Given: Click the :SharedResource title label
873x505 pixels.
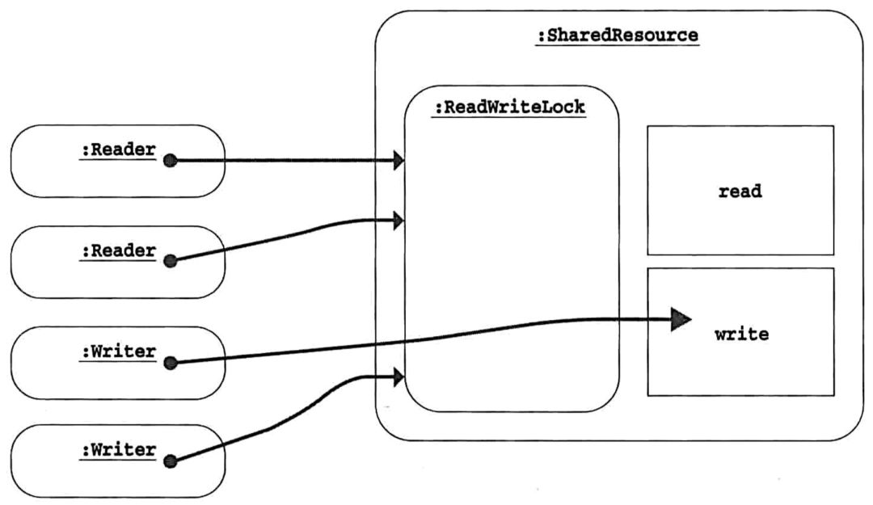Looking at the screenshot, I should [x=618, y=36].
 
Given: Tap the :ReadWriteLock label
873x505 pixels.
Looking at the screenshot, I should [x=508, y=107].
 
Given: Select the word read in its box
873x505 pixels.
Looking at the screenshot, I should [x=740, y=192].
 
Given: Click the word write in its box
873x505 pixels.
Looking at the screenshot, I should [x=740, y=333].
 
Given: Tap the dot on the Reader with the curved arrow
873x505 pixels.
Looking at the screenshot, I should [x=170, y=261].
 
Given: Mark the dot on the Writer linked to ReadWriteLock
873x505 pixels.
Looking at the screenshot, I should [x=170, y=461].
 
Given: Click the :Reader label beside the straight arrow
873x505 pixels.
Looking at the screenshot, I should [x=118, y=149].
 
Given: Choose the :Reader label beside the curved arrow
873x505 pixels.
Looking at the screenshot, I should [x=118, y=250].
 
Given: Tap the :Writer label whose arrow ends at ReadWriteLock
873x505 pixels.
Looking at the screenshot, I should [x=118, y=449].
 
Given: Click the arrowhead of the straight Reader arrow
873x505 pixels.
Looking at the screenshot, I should [x=398, y=161].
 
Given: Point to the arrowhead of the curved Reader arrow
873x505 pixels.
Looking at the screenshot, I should [x=398, y=219].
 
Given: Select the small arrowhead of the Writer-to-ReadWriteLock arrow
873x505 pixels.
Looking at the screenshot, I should [x=398, y=376].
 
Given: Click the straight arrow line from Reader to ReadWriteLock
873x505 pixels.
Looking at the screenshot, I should [x=283, y=161].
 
